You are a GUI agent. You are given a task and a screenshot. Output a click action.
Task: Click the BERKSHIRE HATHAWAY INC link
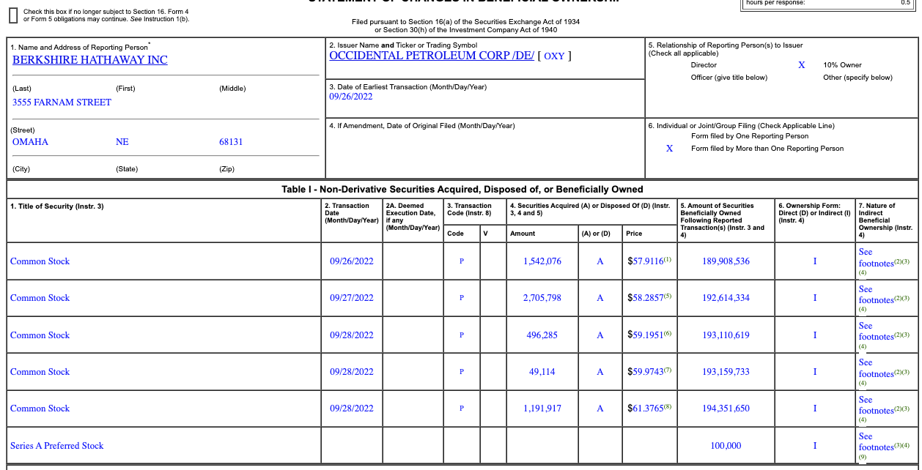click(89, 60)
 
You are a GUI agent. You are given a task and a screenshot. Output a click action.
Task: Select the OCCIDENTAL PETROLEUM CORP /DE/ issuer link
click(432, 56)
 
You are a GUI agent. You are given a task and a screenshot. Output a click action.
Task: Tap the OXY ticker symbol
click(554, 56)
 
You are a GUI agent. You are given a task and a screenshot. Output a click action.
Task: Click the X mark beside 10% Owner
click(801, 65)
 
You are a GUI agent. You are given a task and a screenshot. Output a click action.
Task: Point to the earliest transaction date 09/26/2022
click(351, 97)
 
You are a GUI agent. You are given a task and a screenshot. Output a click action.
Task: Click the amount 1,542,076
click(542, 261)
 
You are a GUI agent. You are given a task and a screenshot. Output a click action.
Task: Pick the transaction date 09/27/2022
click(351, 298)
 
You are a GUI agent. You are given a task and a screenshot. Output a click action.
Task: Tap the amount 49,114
click(542, 372)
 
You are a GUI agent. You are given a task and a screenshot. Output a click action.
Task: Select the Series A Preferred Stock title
click(57, 446)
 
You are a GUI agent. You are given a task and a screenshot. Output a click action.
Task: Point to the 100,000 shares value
click(726, 446)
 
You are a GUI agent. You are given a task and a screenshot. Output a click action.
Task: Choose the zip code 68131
click(231, 142)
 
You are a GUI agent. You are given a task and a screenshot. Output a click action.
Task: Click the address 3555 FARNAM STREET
click(62, 102)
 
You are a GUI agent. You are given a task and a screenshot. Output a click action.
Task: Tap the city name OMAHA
click(30, 142)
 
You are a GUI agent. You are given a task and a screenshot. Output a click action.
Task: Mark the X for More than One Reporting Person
click(669, 149)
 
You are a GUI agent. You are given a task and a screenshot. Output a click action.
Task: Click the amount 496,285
click(542, 335)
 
